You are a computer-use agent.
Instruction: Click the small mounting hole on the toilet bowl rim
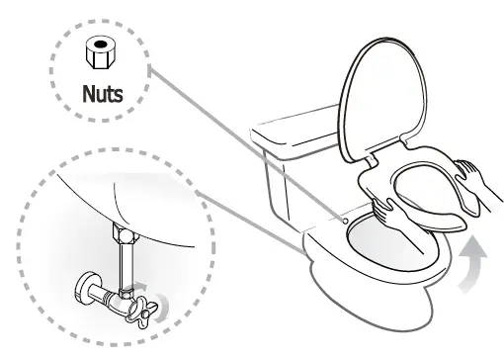343,222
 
